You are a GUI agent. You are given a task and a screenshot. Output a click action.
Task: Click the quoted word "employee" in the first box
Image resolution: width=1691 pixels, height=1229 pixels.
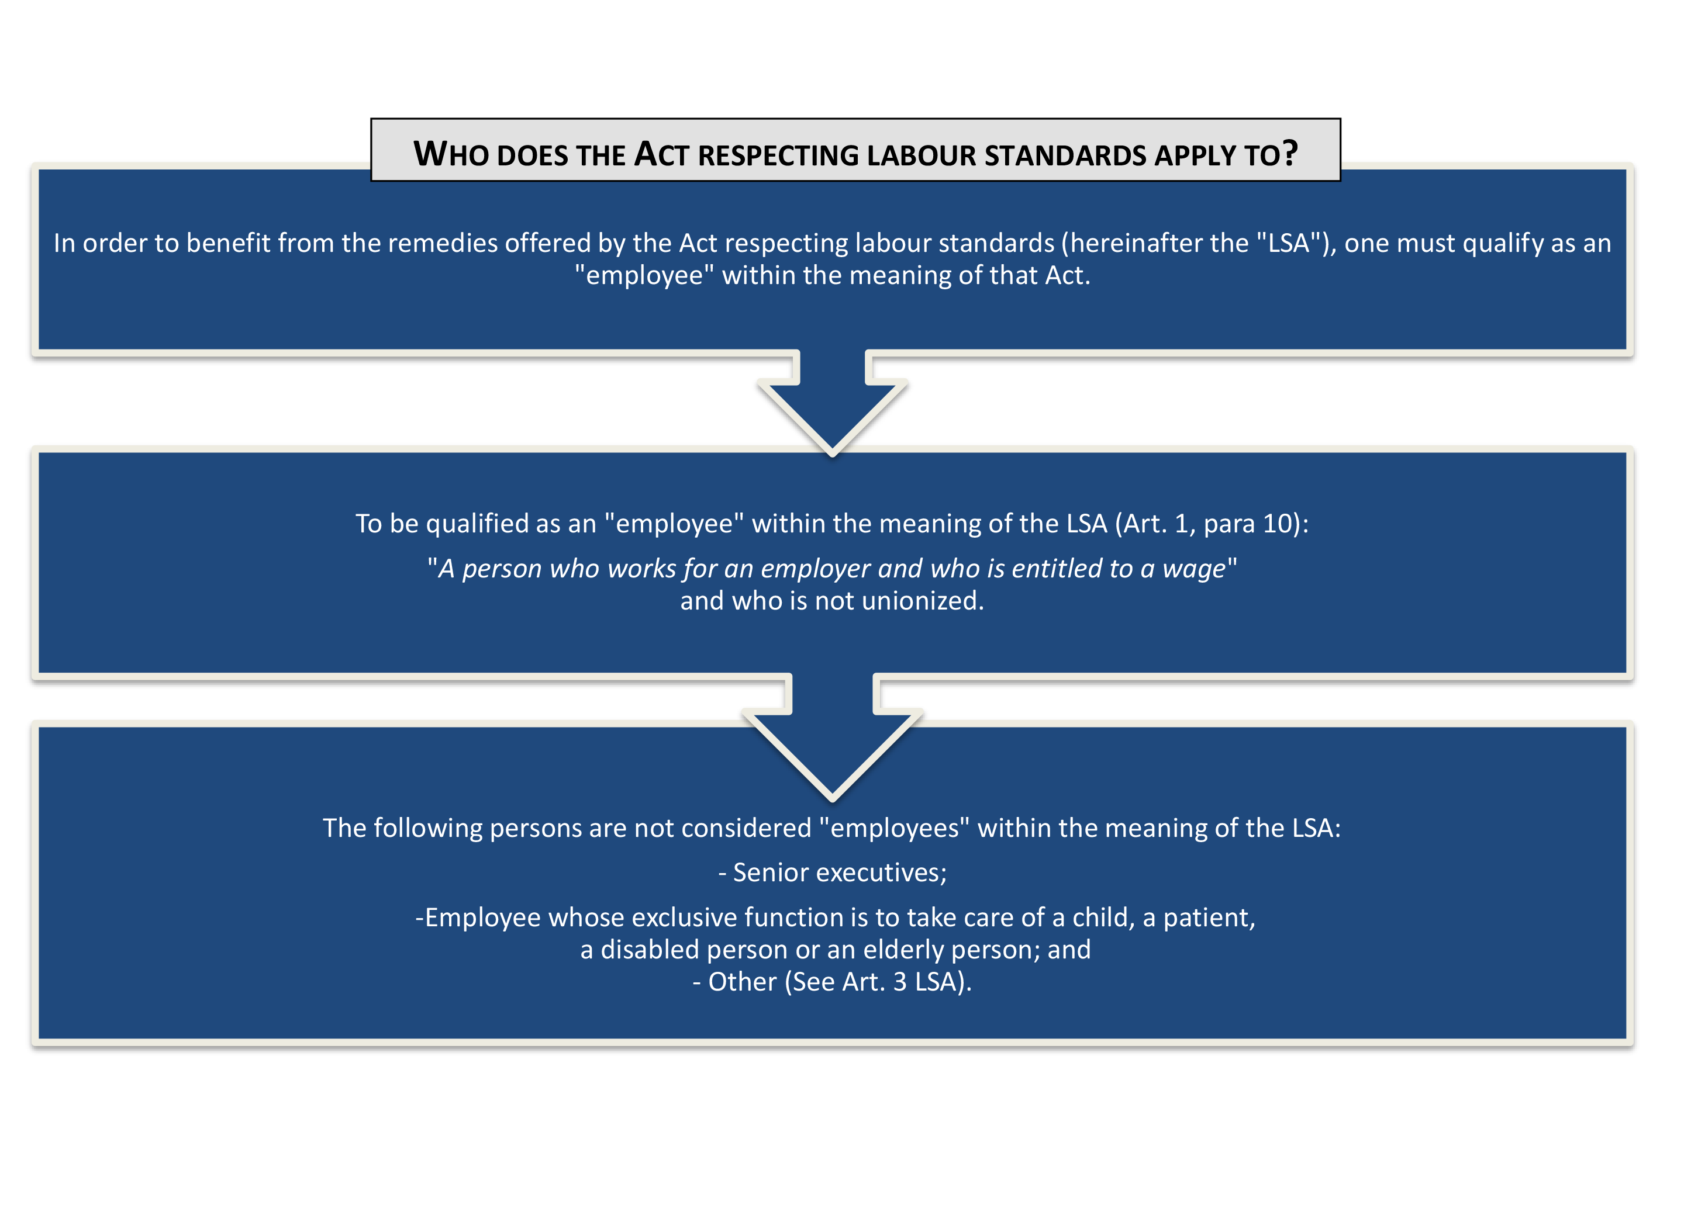point(644,276)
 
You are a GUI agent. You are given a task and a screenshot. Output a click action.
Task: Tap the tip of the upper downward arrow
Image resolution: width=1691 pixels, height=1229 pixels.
point(833,452)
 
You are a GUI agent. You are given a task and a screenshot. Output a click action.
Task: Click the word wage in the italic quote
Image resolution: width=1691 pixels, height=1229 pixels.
point(1193,569)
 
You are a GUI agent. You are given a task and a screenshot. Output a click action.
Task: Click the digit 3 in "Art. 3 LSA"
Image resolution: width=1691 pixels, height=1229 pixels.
point(900,982)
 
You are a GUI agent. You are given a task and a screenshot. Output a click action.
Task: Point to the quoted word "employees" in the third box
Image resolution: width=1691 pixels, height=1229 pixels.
point(894,828)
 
